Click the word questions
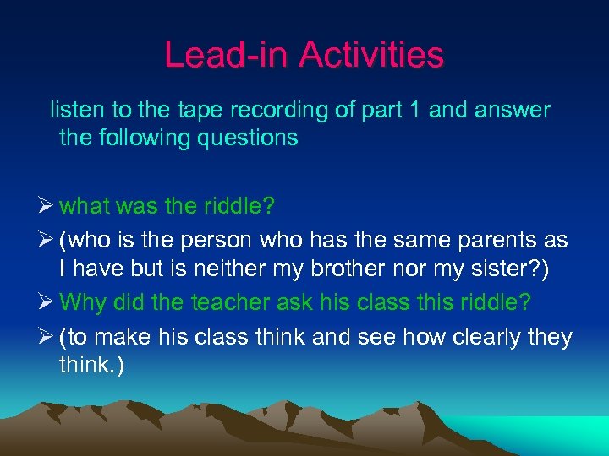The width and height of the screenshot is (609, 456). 251,138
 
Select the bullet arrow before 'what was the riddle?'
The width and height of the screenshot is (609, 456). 47,206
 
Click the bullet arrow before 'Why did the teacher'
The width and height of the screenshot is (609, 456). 47,301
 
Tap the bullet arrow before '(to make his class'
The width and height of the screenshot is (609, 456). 47,338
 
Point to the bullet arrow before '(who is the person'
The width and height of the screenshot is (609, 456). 47,241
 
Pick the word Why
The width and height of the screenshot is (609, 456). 83,301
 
